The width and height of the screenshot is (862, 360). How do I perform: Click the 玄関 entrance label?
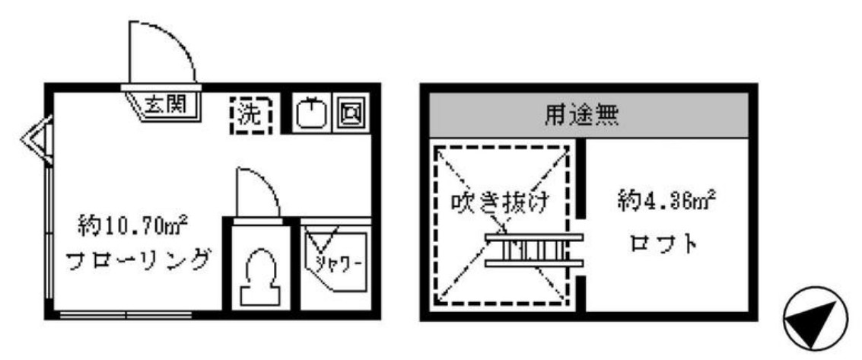click(x=169, y=103)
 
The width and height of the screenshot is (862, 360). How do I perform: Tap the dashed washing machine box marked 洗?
click(x=250, y=115)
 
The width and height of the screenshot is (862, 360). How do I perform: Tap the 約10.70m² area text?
click(x=133, y=225)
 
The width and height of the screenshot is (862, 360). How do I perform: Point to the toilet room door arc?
click(x=256, y=190)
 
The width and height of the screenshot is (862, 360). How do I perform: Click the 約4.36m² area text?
click(x=665, y=203)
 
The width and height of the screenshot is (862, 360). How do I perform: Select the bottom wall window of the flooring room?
click(x=126, y=314)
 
